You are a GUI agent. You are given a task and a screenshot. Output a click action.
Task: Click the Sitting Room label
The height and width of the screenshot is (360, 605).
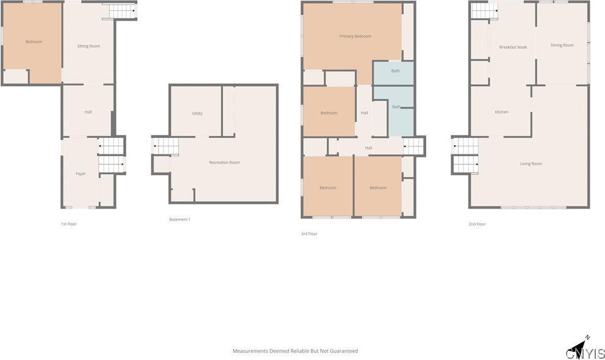88,46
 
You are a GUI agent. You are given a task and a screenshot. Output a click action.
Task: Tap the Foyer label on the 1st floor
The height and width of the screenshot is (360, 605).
81,174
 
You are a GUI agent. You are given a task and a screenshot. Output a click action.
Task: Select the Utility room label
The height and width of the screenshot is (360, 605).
197,113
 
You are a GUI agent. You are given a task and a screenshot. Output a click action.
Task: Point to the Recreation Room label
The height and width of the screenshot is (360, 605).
224,162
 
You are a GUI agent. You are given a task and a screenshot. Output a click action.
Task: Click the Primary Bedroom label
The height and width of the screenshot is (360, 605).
355,37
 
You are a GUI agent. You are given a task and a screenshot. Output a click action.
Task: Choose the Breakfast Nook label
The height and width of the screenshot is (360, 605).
513,47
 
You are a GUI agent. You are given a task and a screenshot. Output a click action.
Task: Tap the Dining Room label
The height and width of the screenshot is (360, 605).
562,45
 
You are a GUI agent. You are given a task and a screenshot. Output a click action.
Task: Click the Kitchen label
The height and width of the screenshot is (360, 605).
501,112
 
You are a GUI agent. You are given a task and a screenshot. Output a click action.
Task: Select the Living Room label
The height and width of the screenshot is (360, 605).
531,164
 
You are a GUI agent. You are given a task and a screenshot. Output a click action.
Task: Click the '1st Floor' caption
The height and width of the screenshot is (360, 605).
68,224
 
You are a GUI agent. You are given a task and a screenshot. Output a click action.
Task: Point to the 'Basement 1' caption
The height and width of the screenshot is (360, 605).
179,220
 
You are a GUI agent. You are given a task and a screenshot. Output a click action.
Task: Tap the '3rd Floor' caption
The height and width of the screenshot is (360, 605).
309,234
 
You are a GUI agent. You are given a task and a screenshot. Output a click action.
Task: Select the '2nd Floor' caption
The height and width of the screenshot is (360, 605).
476,224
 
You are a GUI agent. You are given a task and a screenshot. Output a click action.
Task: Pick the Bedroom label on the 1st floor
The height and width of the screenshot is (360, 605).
34,41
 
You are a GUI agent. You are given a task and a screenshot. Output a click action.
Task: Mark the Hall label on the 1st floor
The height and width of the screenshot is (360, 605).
88,112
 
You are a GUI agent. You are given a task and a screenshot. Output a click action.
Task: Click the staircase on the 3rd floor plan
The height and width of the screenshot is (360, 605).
413,146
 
